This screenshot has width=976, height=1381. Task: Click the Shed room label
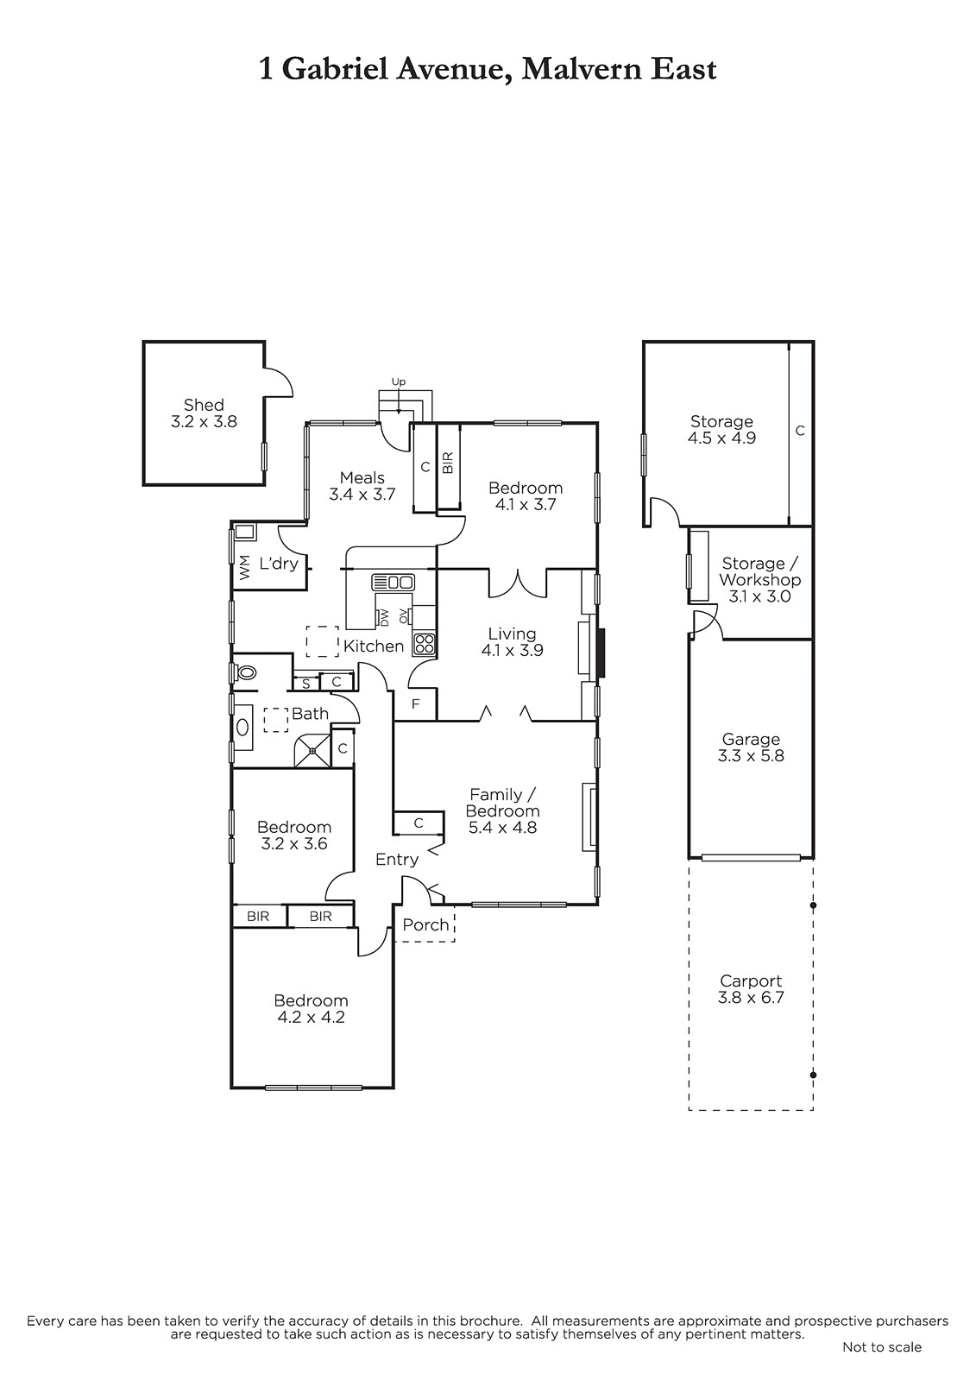point(204,405)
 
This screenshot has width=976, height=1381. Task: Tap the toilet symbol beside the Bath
point(245,672)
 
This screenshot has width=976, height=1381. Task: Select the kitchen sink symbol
point(393,582)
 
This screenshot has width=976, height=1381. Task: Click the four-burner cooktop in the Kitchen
point(425,644)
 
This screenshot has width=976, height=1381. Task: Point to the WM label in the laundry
point(245,567)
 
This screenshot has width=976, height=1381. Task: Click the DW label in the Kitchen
point(383,616)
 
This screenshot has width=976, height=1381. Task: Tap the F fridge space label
point(416,703)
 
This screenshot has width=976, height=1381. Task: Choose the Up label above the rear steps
point(399,382)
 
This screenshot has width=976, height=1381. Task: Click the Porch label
point(425,924)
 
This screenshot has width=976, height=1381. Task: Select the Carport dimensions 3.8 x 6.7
point(751,998)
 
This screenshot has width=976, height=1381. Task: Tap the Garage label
point(751,739)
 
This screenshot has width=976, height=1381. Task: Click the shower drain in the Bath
point(313,751)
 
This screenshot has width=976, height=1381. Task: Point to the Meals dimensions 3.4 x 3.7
point(362,495)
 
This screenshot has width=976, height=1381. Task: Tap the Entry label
point(397,860)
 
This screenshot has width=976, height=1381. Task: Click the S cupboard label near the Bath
point(305,684)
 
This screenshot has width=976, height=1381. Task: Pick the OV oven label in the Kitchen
point(404,616)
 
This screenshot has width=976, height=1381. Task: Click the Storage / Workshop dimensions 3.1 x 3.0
point(759,596)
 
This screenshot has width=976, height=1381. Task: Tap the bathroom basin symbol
point(242,728)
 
